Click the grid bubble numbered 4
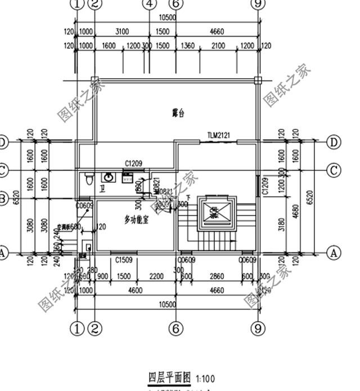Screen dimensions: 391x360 [x=149, y=5]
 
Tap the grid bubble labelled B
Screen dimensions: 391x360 [x=3, y=198]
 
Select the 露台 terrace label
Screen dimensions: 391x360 [x=178, y=113]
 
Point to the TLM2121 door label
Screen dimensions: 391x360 [x=219, y=136]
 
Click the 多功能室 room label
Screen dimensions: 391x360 [x=136, y=220]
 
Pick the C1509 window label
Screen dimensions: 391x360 [x=124, y=260]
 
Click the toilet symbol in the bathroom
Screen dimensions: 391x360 [x=88, y=179]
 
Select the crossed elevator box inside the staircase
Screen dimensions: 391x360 [x=214, y=212]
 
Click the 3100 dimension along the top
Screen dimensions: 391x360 [x=121, y=32]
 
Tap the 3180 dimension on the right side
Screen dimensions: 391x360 [x=282, y=224]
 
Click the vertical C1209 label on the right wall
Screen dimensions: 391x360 [x=264, y=185]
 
